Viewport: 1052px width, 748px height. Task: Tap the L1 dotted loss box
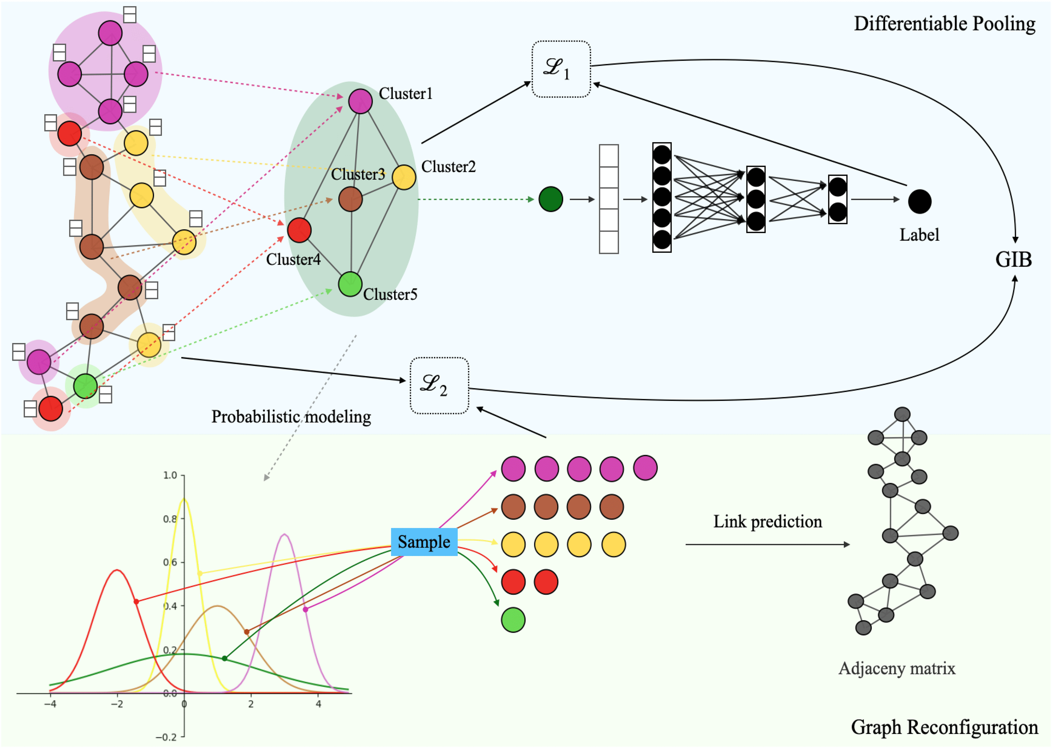[x=561, y=69]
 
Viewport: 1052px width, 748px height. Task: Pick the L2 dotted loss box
[x=439, y=385]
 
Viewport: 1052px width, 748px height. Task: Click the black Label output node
[x=920, y=201]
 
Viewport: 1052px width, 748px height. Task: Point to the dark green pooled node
[x=551, y=199]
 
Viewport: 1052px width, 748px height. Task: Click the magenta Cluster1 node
[x=360, y=101]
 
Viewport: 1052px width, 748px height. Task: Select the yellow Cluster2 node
[x=404, y=177]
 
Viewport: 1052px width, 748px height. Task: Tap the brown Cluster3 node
[x=351, y=199]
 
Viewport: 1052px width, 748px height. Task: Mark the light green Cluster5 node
[x=350, y=284]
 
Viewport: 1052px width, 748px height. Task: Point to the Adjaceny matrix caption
[x=897, y=668]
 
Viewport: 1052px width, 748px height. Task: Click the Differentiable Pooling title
[x=945, y=24]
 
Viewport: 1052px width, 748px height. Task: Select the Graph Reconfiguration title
[x=945, y=727]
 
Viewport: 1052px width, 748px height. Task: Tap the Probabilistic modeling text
[x=291, y=417]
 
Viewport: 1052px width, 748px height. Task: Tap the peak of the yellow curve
[x=184, y=498]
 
